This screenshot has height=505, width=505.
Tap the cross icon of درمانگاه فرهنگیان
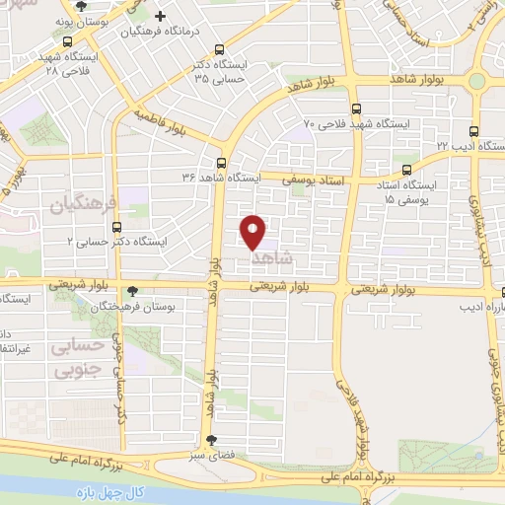(161, 17)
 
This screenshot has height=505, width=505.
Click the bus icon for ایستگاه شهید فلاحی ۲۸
(66, 41)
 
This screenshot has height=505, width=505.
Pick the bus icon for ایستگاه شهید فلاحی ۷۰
(355, 109)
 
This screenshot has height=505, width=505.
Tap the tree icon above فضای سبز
(210, 441)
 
